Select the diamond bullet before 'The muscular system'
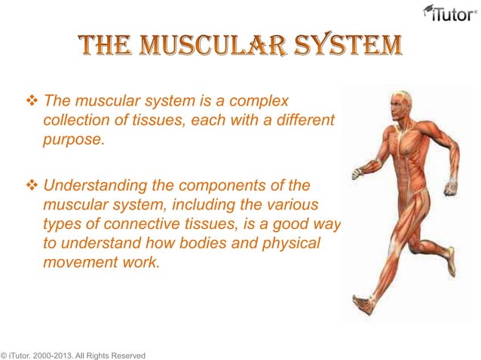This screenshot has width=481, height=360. [33, 101]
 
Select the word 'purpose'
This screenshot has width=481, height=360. [72, 140]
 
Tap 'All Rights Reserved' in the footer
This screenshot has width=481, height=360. [113, 354]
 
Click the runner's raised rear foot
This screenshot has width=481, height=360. [451, 264]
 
